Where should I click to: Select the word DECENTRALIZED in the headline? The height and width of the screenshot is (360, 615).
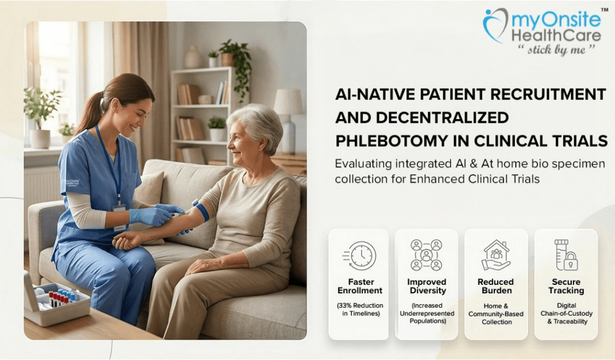point(422,117)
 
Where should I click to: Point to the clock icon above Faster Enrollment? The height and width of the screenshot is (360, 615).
point(360,255)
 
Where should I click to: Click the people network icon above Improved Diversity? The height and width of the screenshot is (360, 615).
point(426,255)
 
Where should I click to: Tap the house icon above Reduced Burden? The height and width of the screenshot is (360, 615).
point(496,255)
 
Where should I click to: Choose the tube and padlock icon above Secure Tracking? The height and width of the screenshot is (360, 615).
point(566,255)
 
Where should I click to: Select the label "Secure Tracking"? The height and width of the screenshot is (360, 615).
point(566,286)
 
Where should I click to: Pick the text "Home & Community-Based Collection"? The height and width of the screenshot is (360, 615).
point(496,313)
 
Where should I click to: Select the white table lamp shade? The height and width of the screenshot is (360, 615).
point(288,102)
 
